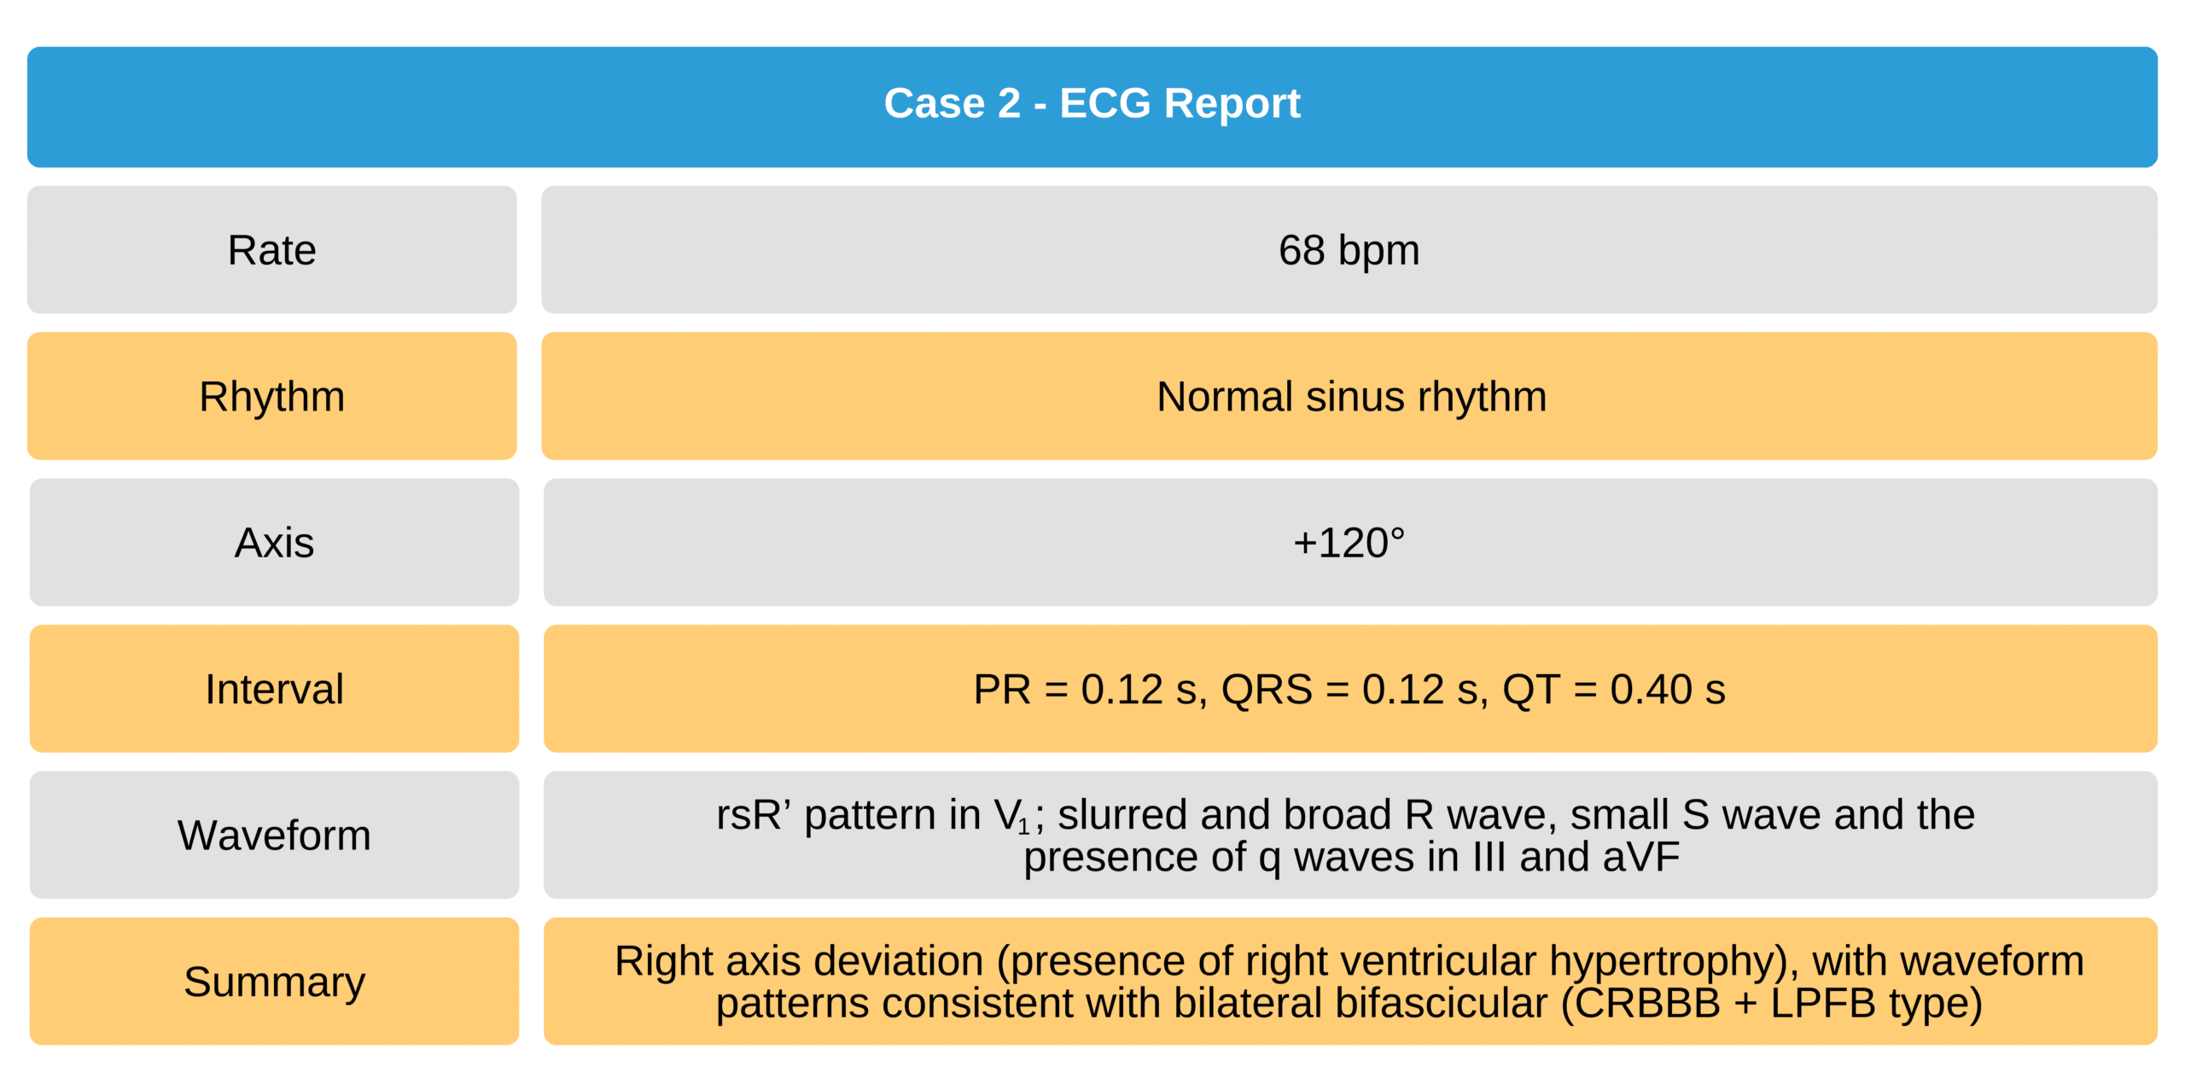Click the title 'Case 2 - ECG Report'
point(1092,103)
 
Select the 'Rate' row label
point(271,250)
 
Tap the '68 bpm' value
point(1349,250)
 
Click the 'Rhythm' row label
point(271,397)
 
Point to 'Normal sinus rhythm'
point(1351,397)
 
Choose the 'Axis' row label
point(274,543)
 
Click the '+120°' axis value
point(1349,543)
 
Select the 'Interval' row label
point(274,689)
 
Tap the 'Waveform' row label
point(274,835)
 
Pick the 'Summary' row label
point(274,982)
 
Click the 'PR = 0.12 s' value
point(1090,690)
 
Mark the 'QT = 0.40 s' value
point(1613,690)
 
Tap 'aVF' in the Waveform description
point(1641,857)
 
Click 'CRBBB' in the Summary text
point(1647,1004)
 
